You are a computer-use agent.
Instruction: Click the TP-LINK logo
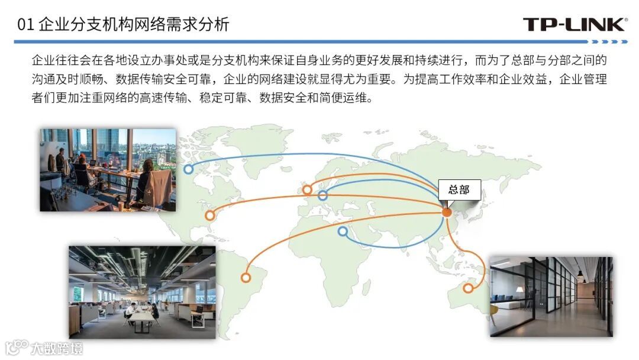click(575, 24)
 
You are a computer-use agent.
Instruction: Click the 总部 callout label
click(459, 190)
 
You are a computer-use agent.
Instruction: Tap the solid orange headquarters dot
click(447, 212)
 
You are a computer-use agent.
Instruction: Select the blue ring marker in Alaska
click(188, 169)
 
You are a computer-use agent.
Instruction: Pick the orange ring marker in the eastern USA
click(209, 216)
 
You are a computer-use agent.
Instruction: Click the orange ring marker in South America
click(246, 277)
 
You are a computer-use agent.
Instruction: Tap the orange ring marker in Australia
click(468, 288)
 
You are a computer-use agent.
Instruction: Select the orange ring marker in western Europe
click(307, 190)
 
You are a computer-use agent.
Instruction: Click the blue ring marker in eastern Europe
click(322, 195)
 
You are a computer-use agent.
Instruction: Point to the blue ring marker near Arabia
click(343, 232)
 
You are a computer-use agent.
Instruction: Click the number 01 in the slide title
click(25, 25)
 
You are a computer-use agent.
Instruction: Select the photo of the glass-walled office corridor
click(551, 297)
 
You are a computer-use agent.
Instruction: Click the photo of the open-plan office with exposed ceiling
click(142, 292)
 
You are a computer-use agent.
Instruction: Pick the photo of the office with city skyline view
click(108, 170)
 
